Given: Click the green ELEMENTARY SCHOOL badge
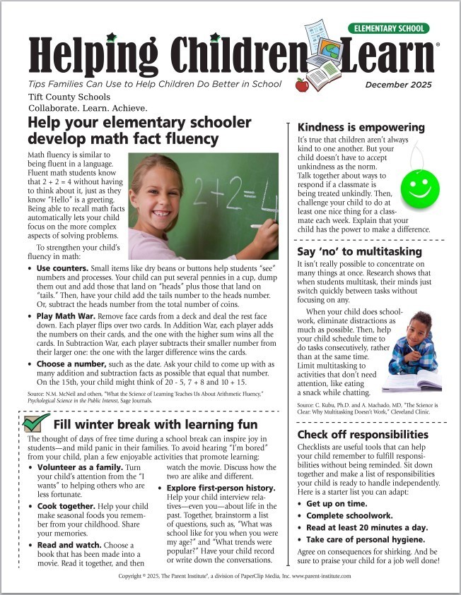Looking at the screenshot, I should [x=388, y=28].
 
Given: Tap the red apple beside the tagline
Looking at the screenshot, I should [x=302, y=85].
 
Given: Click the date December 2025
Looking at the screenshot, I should [x=399, y=85].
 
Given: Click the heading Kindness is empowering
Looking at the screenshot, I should [x=361, y=128].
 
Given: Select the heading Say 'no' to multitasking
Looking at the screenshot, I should [x=359, y=251].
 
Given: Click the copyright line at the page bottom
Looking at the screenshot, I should [x=230, y=576].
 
